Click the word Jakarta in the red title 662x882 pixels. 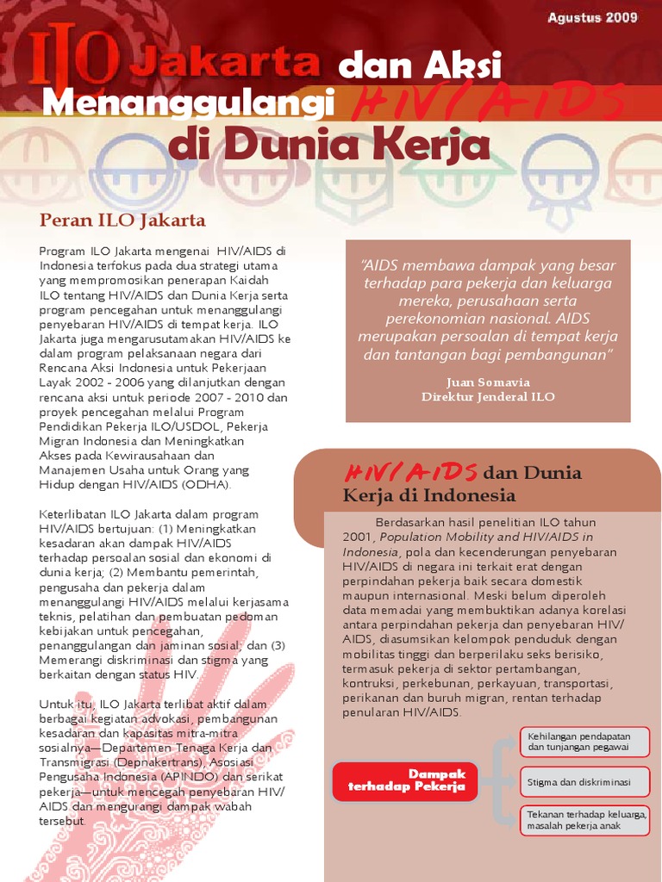[230, 63]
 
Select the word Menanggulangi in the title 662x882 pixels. [187, 104]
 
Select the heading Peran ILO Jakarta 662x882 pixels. [122, 220]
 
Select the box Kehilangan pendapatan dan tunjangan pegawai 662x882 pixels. [584, 742]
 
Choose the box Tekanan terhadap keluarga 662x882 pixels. [584, 820]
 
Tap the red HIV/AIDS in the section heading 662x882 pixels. [411, 472]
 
